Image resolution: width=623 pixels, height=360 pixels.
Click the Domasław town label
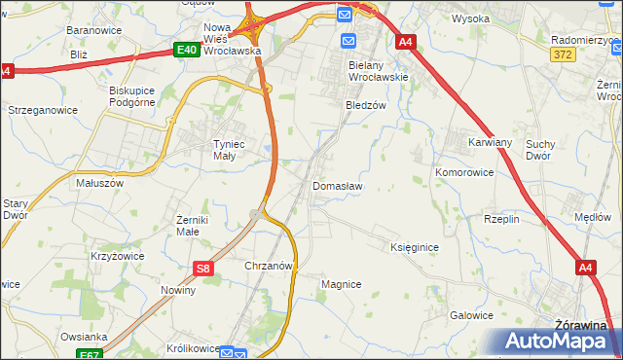point(338,186)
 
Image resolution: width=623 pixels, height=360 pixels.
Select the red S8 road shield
point(202,268)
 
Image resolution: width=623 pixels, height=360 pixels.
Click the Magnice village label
point(342,284)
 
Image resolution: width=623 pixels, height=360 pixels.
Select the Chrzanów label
point(267,266)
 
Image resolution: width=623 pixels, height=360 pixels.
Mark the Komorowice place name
point(464,172)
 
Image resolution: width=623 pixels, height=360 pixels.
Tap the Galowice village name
point(471,315)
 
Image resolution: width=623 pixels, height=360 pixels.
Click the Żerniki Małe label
point(182,225)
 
